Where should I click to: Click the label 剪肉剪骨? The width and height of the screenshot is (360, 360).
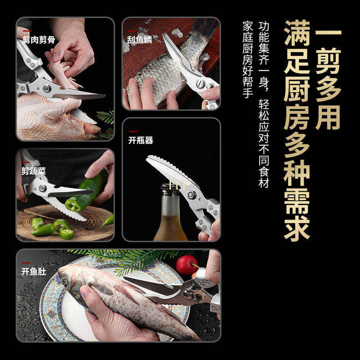tap(39, 40)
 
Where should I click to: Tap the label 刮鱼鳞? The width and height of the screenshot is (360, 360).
tap(139, 40)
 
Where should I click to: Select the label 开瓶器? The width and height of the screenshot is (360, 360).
tap(141, 140)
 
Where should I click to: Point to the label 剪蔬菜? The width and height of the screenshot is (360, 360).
tap(34, 171)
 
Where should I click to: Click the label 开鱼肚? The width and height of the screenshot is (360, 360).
tap(34, 271)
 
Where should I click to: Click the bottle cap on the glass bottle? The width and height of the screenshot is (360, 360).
tap(170, 188)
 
